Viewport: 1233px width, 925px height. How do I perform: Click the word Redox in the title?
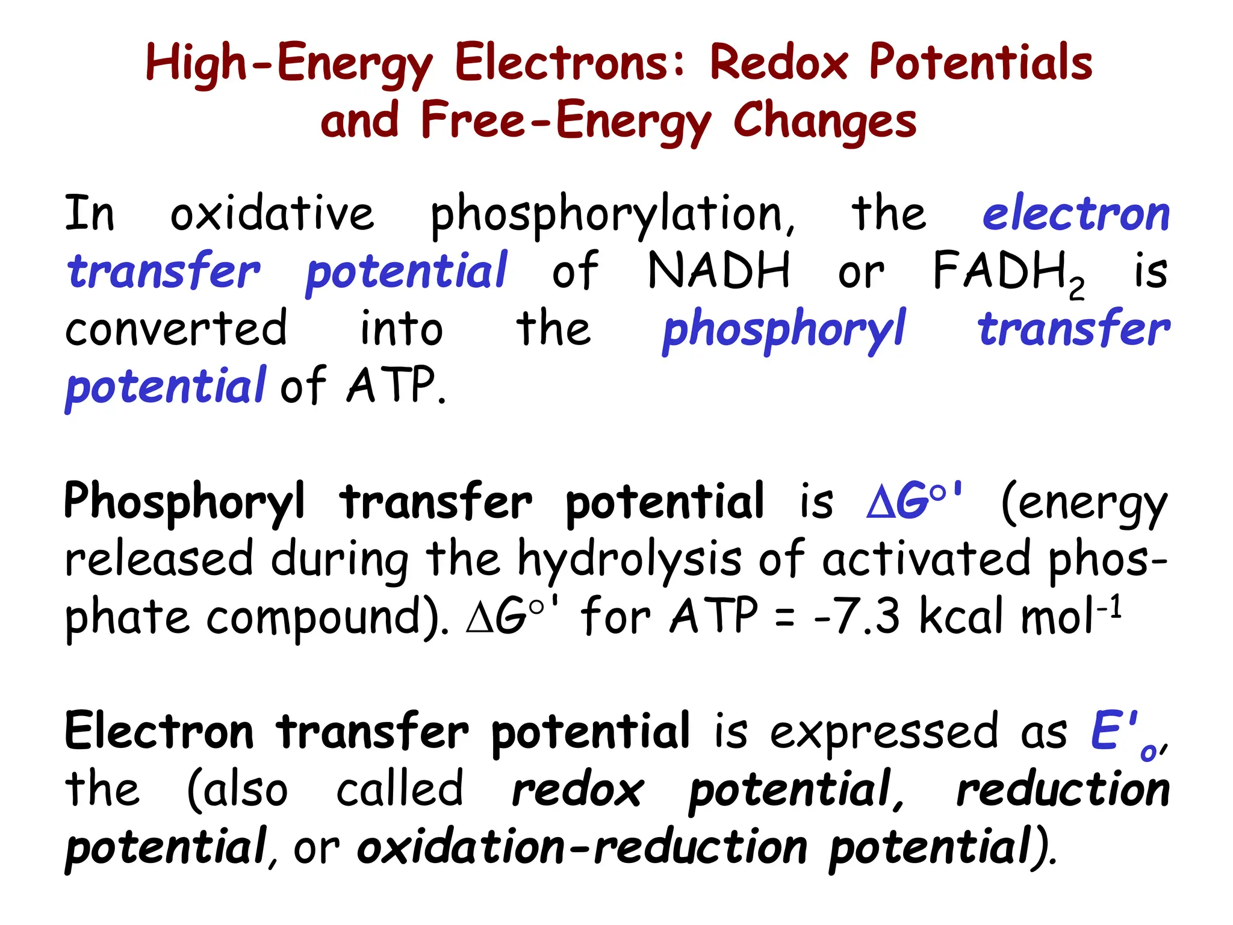click(x=779, y=63)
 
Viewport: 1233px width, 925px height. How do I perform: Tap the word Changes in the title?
click(x=825, y=121)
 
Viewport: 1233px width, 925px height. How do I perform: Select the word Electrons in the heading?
click(x=568, y=63)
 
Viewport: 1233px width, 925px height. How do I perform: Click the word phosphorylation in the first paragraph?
click(x=612, y=215)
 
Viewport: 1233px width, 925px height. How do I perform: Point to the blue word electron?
click(x=1075, y=215)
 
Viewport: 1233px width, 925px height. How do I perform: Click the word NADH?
click(x=719, y=271)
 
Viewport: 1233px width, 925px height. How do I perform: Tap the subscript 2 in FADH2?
click(x=1077, y=290)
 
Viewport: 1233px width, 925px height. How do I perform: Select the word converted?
click(x=176, y=329)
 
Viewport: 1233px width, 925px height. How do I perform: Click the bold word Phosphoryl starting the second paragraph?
click(x=184, y=502)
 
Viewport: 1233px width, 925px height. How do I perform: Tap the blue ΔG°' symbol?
click(x=914, y=500)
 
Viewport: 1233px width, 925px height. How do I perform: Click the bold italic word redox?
click(x=577, y=790)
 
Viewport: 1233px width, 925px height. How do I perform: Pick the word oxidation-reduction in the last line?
click(x=582, y=848)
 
